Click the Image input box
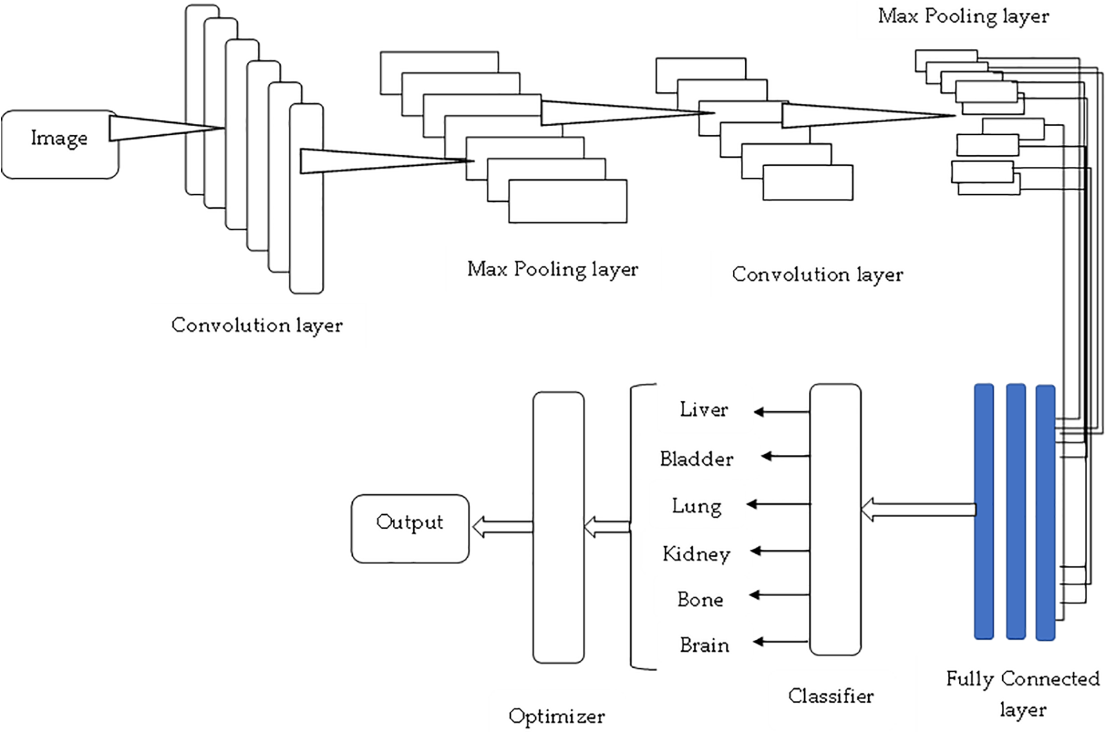point(60,144)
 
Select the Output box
point(410,529)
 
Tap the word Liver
point(704,409)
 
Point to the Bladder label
point(696,459)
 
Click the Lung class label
point(697,507)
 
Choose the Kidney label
point(696,554)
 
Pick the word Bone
point(700,600)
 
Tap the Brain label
point(704,645)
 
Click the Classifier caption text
point(830,696)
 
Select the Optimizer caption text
point(556,717)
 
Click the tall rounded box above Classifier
point(835,519)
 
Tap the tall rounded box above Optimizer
point(558,528)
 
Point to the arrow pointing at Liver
point(782,412)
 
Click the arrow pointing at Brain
point(780,642)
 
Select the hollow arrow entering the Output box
point(503,527)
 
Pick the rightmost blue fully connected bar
point(1045,513)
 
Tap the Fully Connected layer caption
point(1023,694)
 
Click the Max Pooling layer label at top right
point(963,17)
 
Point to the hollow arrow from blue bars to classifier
point(918,510)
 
